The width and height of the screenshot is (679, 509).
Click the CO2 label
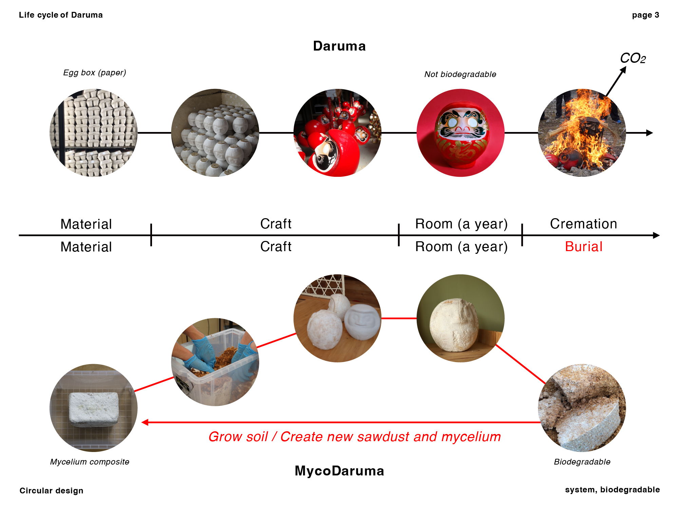click(633, 58)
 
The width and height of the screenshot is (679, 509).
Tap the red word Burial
click(584, 247)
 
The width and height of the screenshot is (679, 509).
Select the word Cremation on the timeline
click(583, 224)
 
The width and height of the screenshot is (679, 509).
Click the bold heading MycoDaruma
click(339, 471)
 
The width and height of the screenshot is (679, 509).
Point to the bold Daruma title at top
click(339, 46)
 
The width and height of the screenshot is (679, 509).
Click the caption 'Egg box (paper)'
click(95, 73)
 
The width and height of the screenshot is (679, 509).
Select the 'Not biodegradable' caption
click(460, 74)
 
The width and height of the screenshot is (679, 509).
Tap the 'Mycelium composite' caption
click(90, 462)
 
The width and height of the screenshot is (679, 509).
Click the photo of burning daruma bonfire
click(582, 133)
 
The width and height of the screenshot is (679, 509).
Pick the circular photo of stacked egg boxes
click(94, 133)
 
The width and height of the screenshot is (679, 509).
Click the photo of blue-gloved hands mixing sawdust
click(215, 362)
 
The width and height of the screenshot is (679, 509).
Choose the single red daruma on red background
click(460, 133)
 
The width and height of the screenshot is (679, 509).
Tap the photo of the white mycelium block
click(94, 408)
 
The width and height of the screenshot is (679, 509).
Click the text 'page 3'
click(645, 15)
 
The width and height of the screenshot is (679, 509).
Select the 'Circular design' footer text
click(51, 491)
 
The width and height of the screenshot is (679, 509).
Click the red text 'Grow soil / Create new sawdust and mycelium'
click(355, 437)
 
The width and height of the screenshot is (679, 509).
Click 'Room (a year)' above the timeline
click(461, 224)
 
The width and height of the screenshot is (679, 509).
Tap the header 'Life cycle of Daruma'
click(61, 15)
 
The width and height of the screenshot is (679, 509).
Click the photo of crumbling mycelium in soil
click(582, 408)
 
